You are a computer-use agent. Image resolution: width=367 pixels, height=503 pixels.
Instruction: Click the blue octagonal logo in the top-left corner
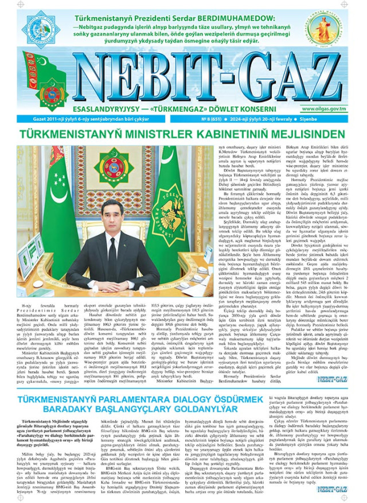[42, 25]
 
